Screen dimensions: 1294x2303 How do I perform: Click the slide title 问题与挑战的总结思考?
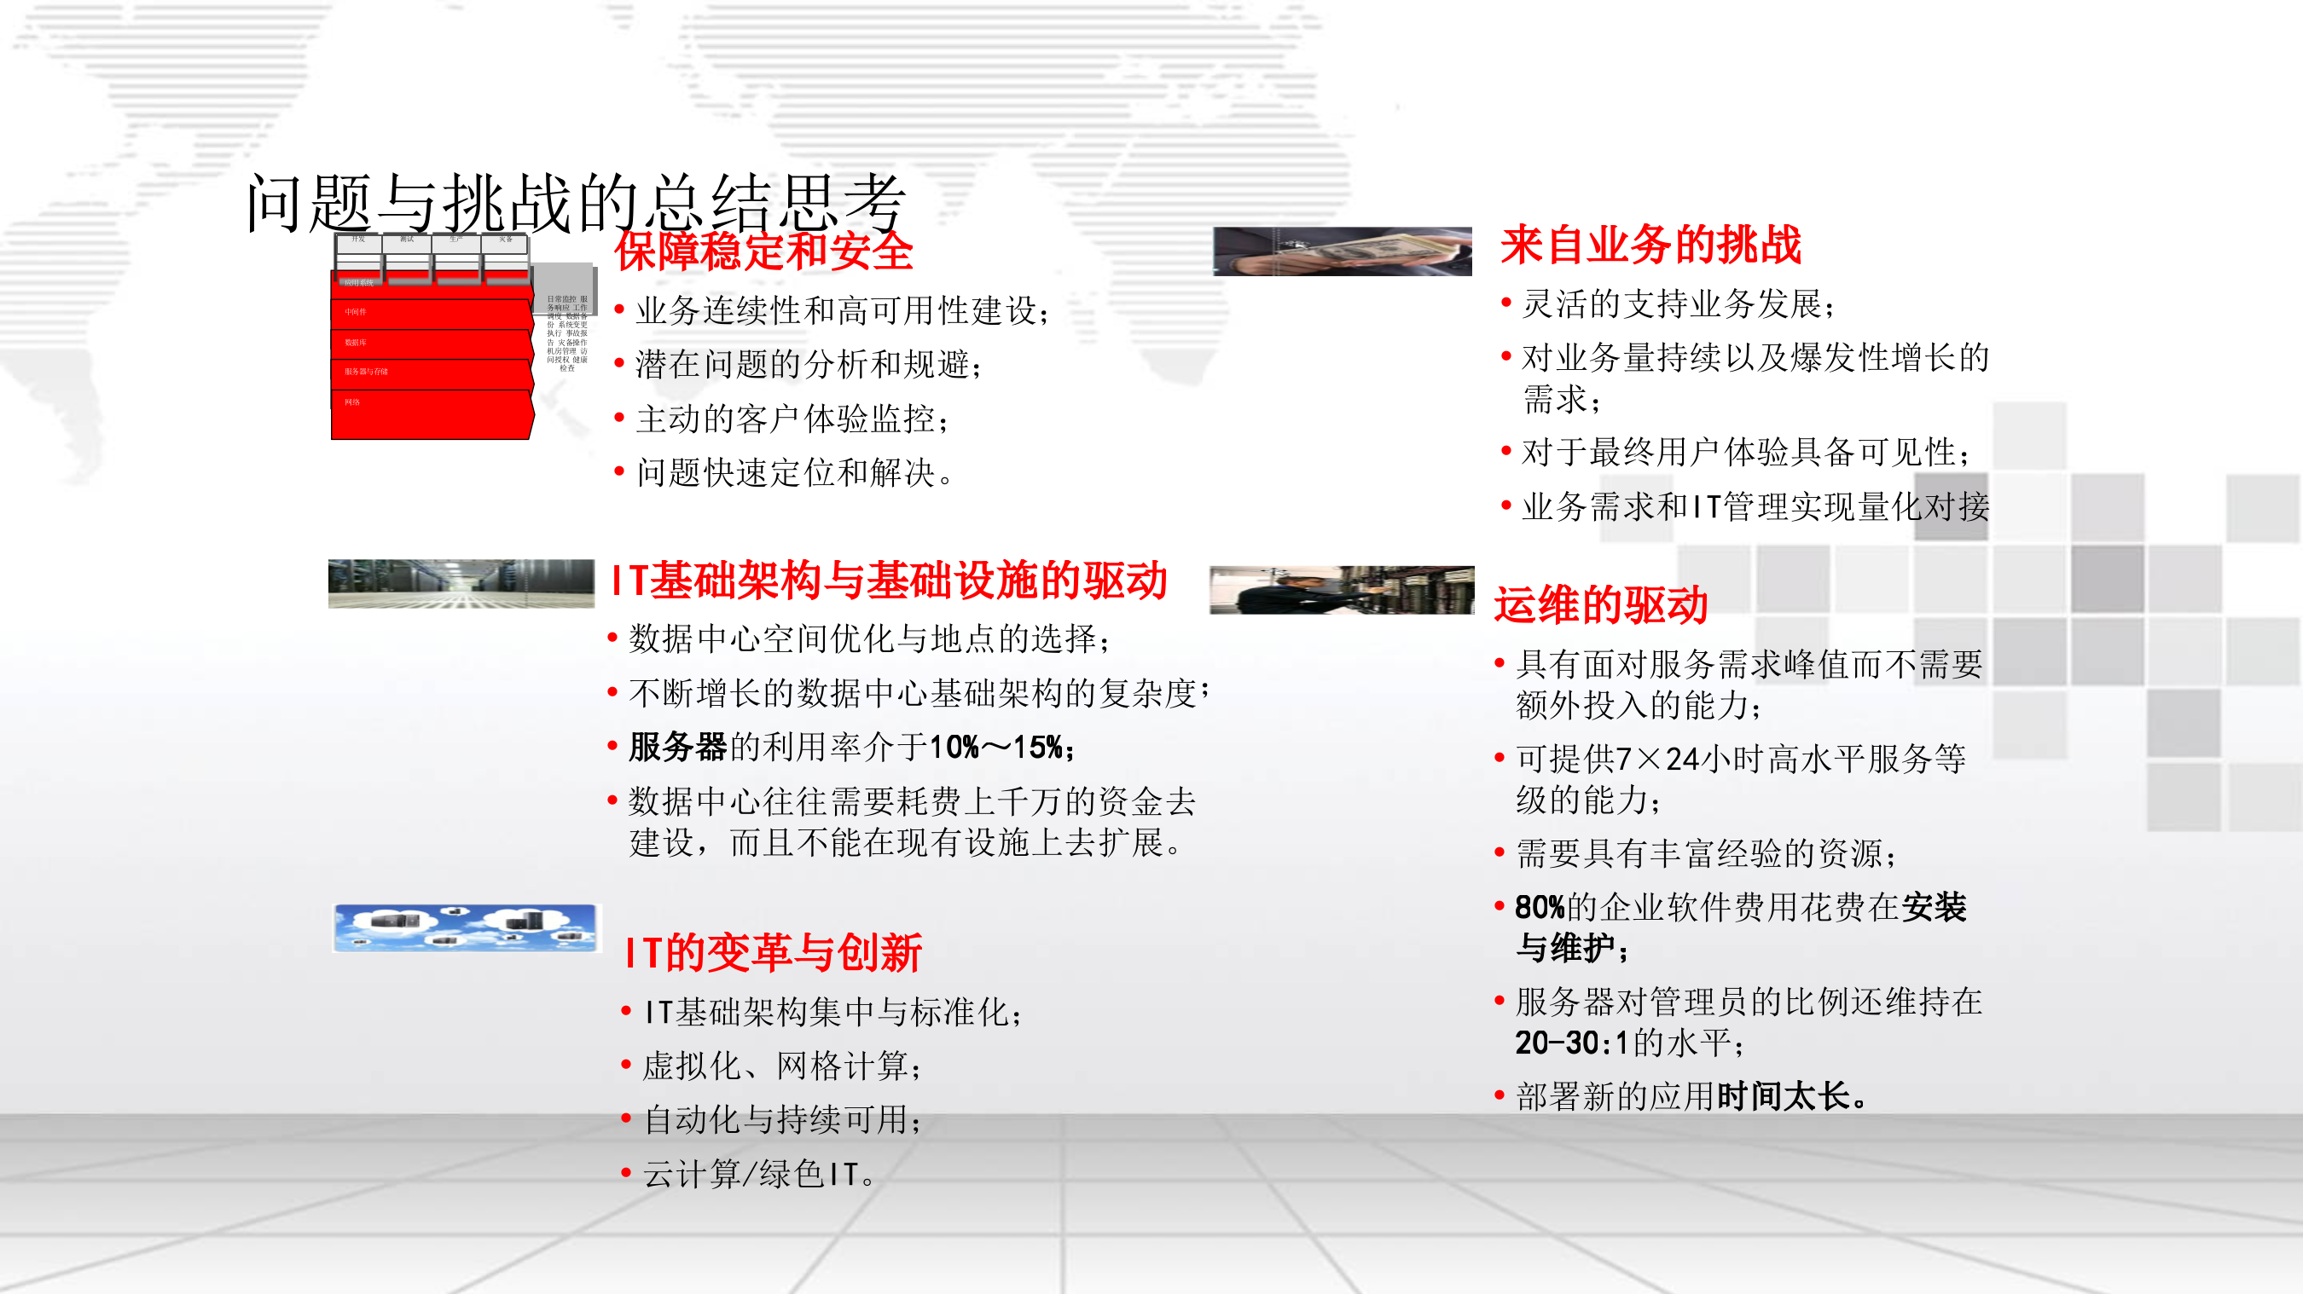[x=576, y=203]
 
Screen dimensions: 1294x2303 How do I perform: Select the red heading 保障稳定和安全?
[x=763, y=251]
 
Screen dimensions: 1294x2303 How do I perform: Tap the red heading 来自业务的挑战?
[x=1650, y=245]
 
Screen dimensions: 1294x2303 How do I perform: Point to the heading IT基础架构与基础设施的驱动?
[x=890, y=580]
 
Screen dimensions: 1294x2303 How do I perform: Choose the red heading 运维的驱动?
[x=1601, y=605]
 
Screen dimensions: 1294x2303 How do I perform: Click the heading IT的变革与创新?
[x=774, y=953]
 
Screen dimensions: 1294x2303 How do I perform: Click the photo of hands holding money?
[x=1342, y=251]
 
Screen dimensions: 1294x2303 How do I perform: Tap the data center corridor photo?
[x=461, y=584]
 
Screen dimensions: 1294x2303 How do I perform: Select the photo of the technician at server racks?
[x=1341, y=590]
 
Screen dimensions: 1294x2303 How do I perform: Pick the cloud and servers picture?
[x=465, y=927]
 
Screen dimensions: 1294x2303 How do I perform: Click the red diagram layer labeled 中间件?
[x=431, y=314]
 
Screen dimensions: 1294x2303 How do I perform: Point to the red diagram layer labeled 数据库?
[x=431, y=344]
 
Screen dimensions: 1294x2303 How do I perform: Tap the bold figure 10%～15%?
[x=995, y=747]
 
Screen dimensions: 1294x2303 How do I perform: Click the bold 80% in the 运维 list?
[x=1540, y=908]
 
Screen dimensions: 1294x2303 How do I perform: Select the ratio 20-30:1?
[x=1571, y=1043]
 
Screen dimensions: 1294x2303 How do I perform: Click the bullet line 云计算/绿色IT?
[x=759, y=1173]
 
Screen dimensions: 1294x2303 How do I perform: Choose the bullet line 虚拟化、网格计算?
[x=781, y=1066]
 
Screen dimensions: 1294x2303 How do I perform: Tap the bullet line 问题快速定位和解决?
[x=794, y=473]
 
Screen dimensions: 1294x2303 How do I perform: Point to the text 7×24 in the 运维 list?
[x=1656, y=759]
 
